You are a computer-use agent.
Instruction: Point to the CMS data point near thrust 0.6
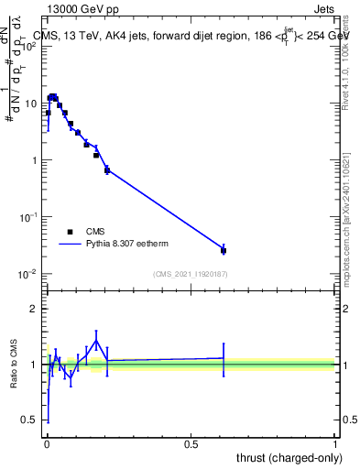(224, 250)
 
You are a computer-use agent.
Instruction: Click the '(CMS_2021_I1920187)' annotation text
(190, 273)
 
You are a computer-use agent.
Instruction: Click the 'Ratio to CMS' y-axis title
(15, 365)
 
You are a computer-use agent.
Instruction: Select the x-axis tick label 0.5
(191, 443)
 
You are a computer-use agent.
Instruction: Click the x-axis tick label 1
(335, 443)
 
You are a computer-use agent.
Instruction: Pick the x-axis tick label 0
(46, 443)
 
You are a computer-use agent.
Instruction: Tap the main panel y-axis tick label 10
(32, 104)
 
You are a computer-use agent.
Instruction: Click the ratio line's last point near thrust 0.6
(224, 358)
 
